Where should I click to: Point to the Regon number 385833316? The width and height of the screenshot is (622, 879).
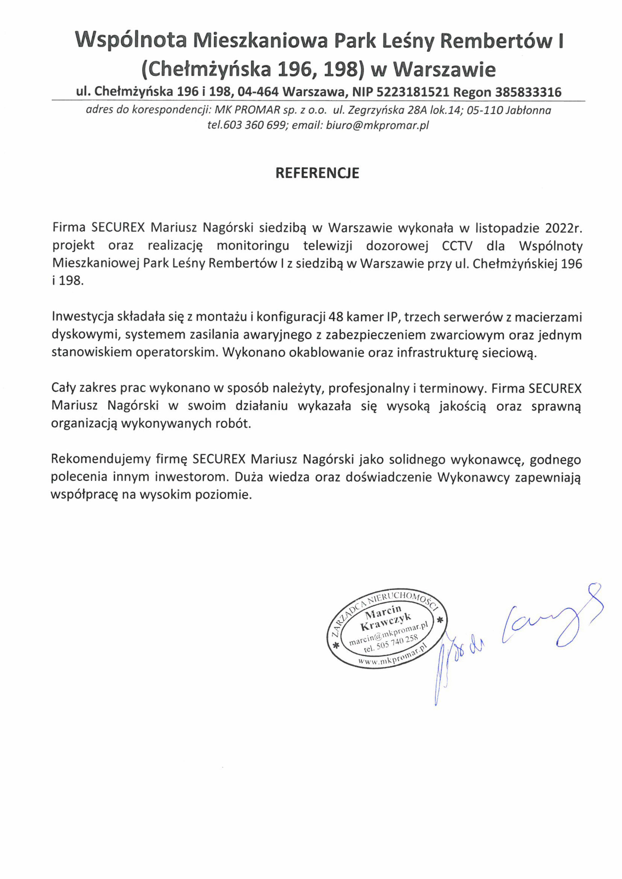click(x=528, y=92)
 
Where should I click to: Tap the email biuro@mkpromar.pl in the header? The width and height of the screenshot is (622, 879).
click(x=377, y=125)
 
